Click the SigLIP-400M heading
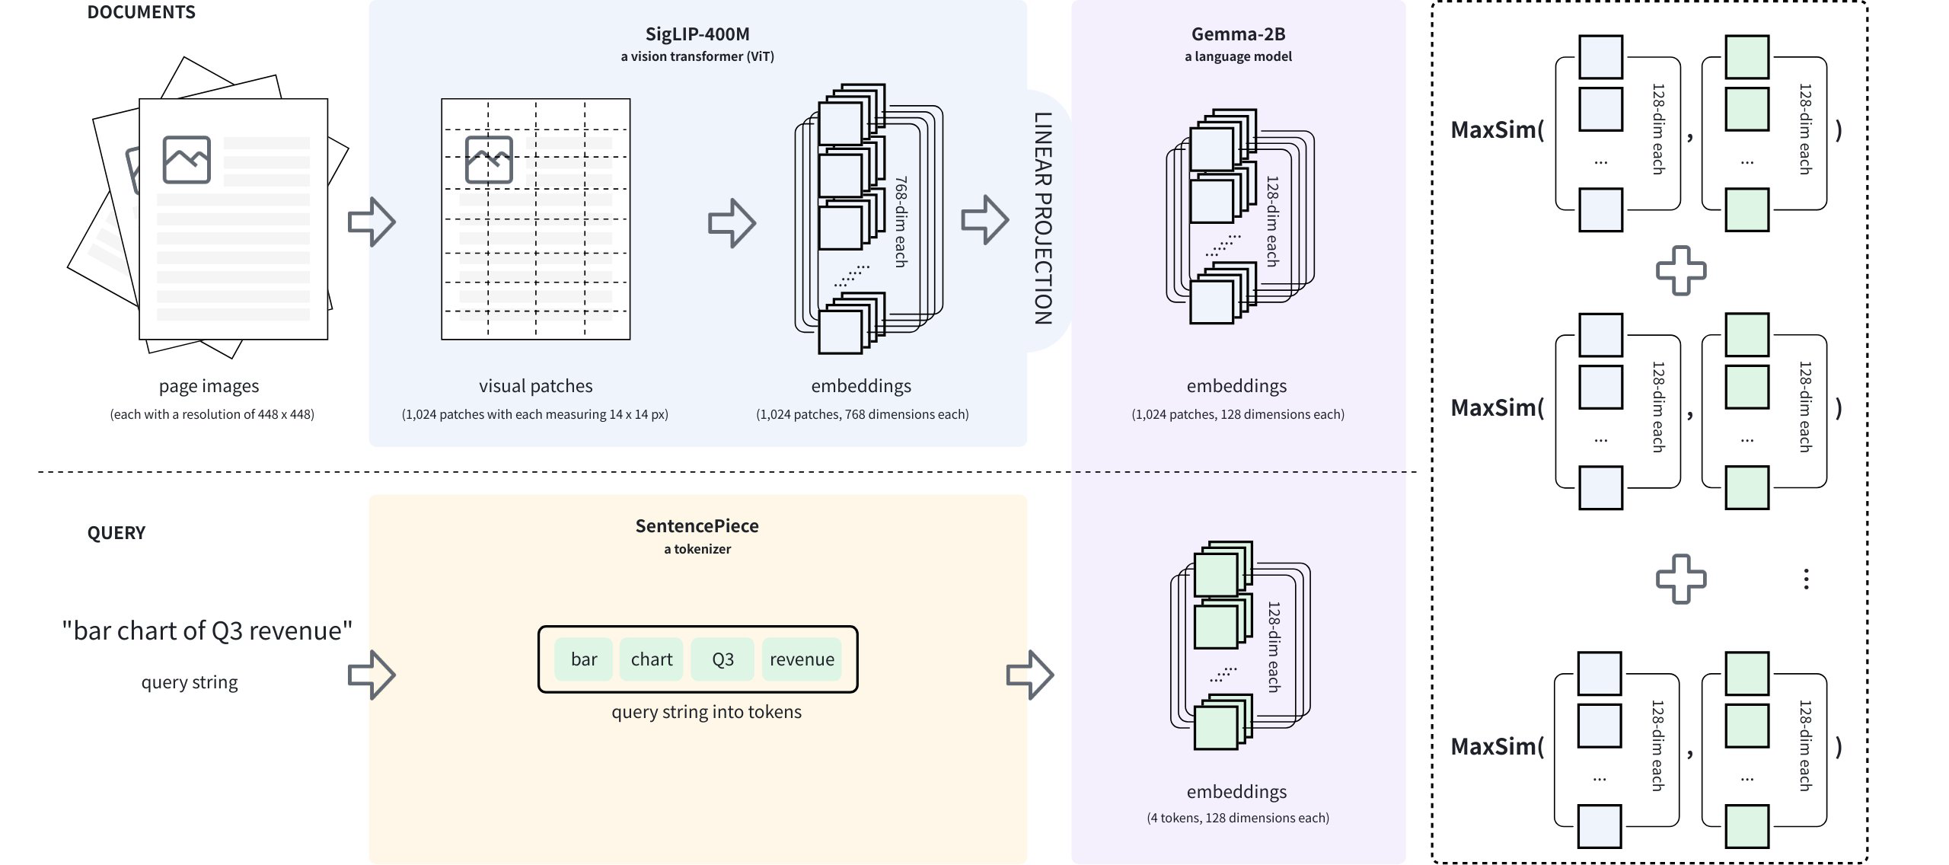click(x=697, y=34)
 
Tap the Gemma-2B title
click(x=1238, y=34)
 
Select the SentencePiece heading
click(x=697, y=526)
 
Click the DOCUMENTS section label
click(x=142, y=12)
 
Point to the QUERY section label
click(x=116, y=532)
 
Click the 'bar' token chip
click(x=584, y=659)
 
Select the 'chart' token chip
click(x=652, y=659)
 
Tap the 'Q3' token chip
click(x=723, y=659)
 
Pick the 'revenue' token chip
click(x=802, y=659)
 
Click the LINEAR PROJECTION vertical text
click(x=1043, y=219)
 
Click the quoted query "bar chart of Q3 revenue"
click(x=207, y=630)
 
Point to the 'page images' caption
click(x=209, y=386)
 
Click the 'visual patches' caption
click(x=535, y=386)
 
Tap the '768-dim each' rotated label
click(x=901, y=222)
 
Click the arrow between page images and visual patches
click(x=372, y=222)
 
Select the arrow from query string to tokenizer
click(x=372, y=675)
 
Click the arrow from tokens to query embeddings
click(x=1029, y=675)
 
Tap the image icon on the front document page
click(x=187, y=160)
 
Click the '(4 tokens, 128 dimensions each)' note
click(x=1238, y=818)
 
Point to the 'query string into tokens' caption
click(x=707, y=712)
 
